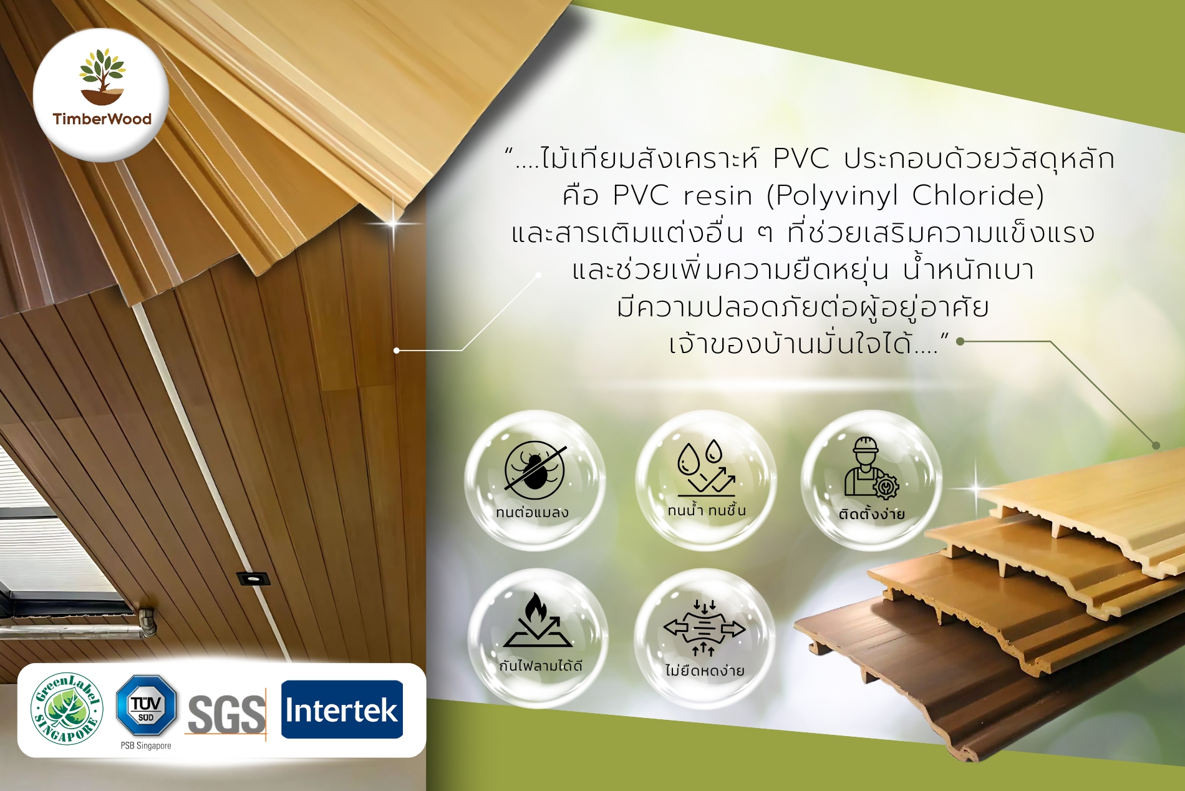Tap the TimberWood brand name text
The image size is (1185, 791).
[x=102, y=119]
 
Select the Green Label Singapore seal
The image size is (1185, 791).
[x=67, y=709]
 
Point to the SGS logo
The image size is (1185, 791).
[x=227, y=715]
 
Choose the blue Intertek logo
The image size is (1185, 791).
[x=342, y=709]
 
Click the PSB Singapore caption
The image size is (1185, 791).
[x=146, y=745]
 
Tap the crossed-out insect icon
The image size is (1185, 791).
[x=535, y=469]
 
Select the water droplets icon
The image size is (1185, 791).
[x=707, y=467]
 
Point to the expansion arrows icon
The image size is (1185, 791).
[x=704, y=628]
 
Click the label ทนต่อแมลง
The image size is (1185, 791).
[x=533, y=512]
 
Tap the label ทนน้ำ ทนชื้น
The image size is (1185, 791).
[x=707, y=510]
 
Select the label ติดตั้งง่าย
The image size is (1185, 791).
[x=871, y=514]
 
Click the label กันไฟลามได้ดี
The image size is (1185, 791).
[x=541, y=666]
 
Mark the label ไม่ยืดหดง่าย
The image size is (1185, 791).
[x=705, y=671]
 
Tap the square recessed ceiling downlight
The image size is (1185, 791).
[x=253, y=578]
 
